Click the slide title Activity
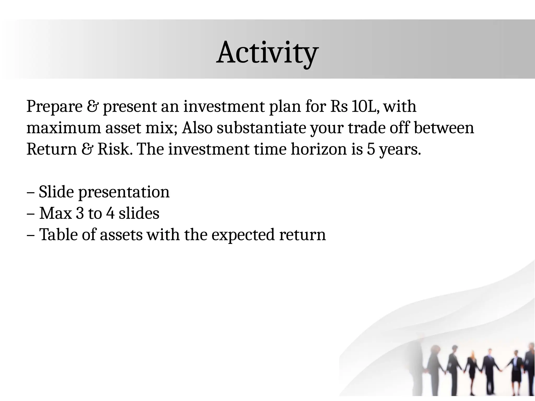267,53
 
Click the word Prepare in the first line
54,107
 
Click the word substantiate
261,128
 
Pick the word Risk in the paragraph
113,150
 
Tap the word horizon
319,150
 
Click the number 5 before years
371,150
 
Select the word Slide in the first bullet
56,192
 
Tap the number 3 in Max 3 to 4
80,214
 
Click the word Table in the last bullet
58,235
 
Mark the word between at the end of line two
444,128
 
